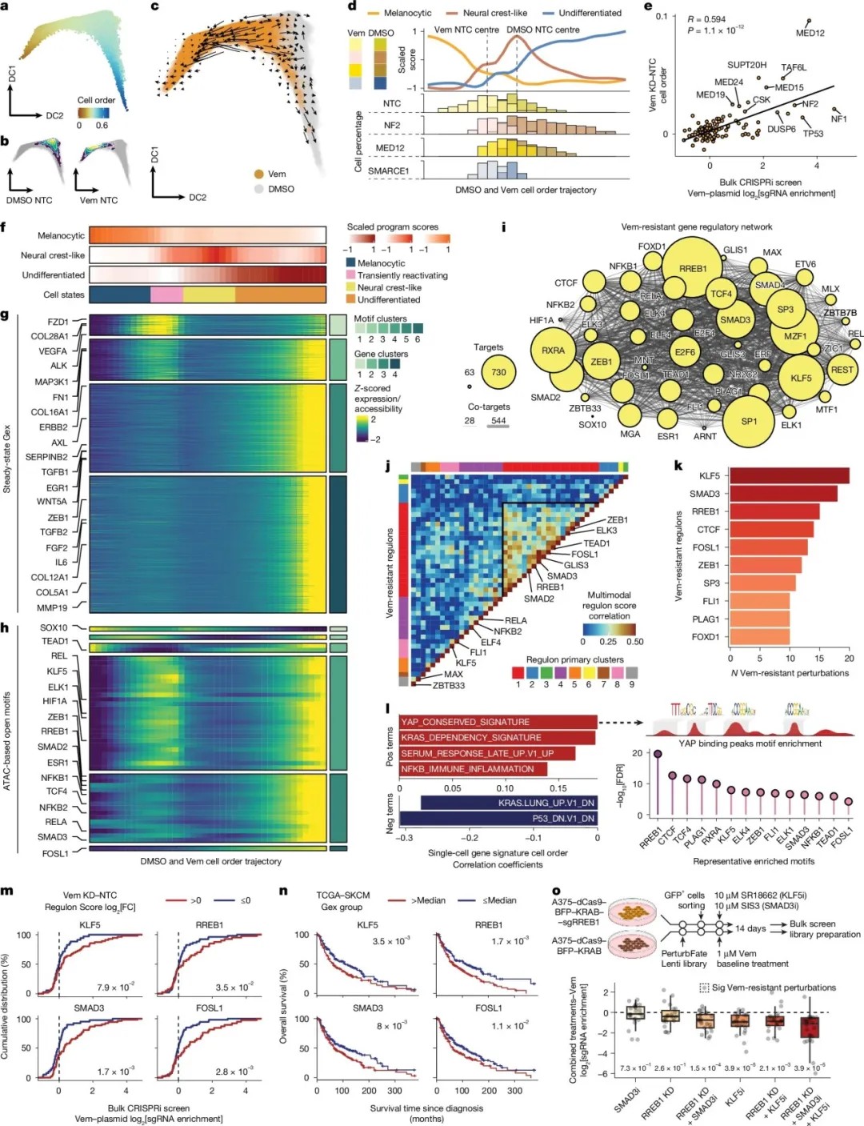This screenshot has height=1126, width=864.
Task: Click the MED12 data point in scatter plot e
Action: tap(809, 21)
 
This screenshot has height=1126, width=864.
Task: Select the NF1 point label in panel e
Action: tap(838, 119)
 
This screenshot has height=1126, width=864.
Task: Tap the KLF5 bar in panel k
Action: tap(789, 475)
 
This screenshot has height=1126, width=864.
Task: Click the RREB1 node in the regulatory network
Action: tap(692, 268)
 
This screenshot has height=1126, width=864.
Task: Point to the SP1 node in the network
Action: tap(749, 421)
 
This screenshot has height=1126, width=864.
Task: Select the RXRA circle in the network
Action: tap(553, 351)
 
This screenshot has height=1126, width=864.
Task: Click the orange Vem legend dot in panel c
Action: tap(258, 174)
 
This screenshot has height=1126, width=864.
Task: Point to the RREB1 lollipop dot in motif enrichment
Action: tap(658, 754)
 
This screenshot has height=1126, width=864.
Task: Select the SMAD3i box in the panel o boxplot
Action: tap(636, 1012)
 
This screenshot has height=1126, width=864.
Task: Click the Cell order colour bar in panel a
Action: tap(93, 113)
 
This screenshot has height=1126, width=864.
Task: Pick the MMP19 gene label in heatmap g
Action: tap(54, 608)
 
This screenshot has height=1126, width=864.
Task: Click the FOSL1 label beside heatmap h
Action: tap(55, 854)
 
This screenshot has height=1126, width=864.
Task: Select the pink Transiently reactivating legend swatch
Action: tap(350, 275)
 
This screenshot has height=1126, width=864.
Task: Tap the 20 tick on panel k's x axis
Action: tap(849, 659)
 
